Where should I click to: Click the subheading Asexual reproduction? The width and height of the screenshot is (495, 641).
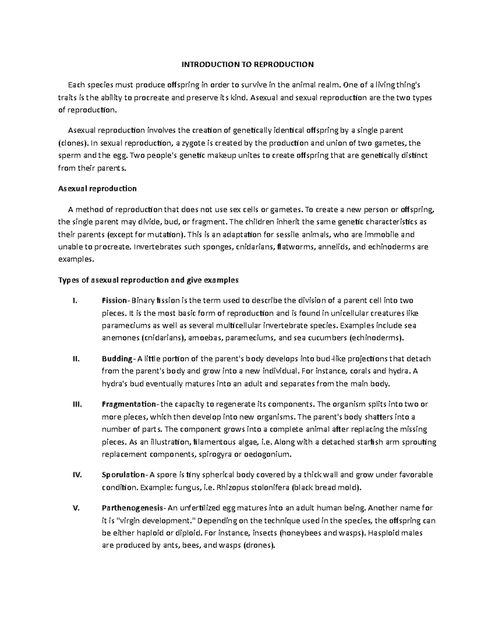pos(97,189)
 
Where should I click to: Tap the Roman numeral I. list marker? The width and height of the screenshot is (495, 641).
pos(75,300)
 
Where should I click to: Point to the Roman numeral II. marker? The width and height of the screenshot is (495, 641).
pos(75,359)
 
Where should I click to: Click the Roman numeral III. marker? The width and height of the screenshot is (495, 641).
pos(77,404)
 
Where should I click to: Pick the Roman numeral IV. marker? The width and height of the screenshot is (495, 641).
pos(77,475)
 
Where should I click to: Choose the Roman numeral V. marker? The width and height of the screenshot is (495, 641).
pos(75,508)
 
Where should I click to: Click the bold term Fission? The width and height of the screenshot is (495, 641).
pos(115,300)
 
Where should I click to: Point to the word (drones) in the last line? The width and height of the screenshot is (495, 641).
pos(259,545)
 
